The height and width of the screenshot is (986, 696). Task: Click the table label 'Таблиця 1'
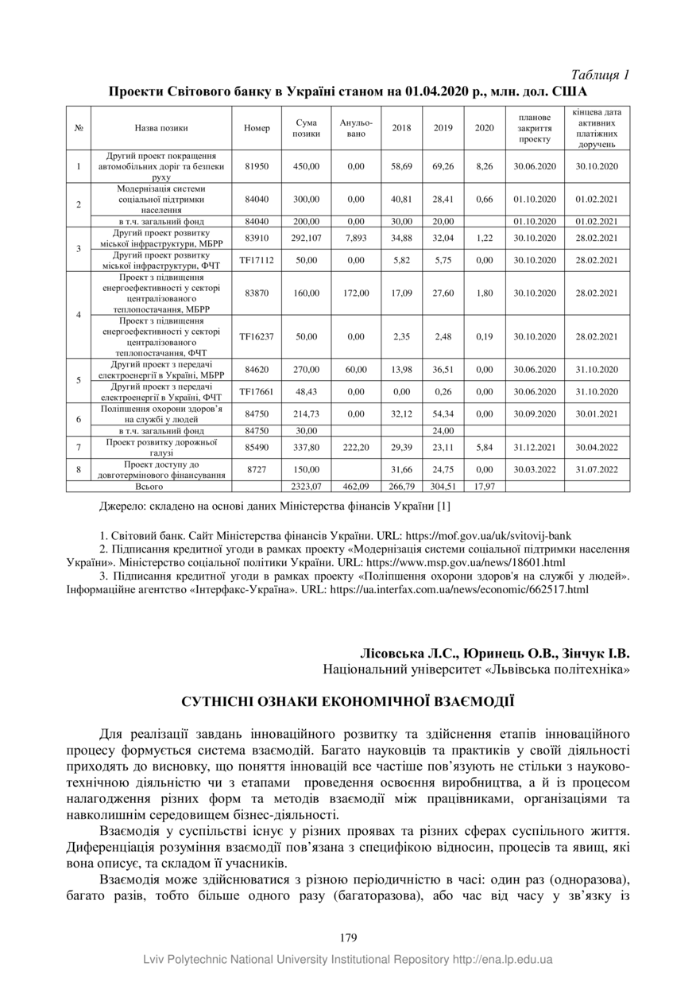click(600, 75)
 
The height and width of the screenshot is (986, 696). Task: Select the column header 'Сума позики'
click(307, 128)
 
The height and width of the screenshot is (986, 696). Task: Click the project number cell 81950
click(257, 166)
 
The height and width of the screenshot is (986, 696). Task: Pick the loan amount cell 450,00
click(307, 166)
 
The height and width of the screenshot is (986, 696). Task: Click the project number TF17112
click(257, 260)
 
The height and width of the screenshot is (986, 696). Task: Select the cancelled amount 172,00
click(355, 293)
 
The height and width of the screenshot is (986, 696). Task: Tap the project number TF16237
click(257, 336)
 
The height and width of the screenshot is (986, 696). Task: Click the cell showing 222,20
click(355, 447)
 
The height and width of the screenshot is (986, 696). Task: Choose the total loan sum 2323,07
click(307, 486)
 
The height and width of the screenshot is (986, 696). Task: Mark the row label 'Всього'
click(149, 486)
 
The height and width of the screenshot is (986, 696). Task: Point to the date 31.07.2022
click(597, 469)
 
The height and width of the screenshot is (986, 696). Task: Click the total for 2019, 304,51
click(443, 486)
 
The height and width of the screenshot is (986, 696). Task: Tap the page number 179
click(347, 938)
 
